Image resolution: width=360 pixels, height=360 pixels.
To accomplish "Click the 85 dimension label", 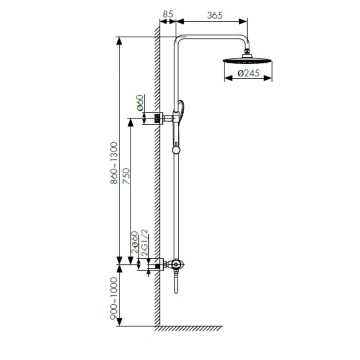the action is [x=168, y=14].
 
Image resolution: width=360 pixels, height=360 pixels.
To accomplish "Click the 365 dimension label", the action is [x=215, y=16].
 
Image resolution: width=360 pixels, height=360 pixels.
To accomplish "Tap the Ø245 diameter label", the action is [x=248, y=73].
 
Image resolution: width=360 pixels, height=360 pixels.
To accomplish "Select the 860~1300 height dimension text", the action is [x=114, y=163].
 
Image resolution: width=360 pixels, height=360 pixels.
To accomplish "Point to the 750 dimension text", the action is [x=126, y=176].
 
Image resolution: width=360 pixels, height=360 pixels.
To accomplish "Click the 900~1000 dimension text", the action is [x=114, y=298].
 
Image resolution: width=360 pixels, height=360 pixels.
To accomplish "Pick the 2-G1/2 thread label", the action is [x=145, y=243].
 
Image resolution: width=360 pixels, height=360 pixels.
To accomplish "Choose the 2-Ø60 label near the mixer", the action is [x=135, y=243].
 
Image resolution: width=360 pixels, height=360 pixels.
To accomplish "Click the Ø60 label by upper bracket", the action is [x=140, y=102].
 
